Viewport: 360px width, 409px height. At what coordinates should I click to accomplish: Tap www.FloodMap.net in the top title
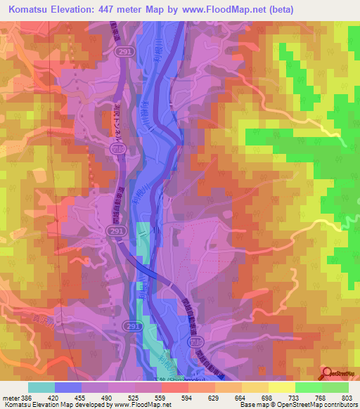tap(223, 9)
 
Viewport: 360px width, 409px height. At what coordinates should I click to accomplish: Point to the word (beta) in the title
tap(278, 9)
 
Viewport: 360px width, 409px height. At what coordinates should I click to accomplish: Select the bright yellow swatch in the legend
tap(282, 387)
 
